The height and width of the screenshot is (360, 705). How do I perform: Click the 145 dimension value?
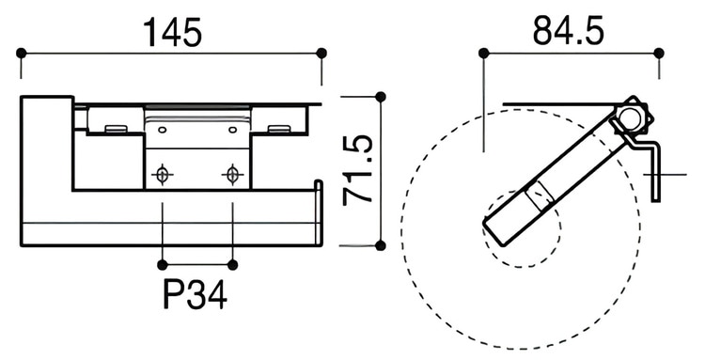(173, 32)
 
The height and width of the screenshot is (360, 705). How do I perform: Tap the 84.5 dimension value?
(569, 31)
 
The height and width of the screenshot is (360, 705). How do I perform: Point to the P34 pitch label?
(196, 294)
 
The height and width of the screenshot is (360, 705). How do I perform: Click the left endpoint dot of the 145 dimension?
(21, 53)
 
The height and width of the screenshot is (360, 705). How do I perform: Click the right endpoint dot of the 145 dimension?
(321, 53)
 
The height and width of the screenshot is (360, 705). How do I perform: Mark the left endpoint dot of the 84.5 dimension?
(484, 54)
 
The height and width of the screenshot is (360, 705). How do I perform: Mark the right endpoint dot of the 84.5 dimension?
(659, 54)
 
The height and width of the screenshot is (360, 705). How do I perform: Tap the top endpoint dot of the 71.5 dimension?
(381, 97)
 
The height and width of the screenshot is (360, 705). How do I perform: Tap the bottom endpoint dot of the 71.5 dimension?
(381, 245)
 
